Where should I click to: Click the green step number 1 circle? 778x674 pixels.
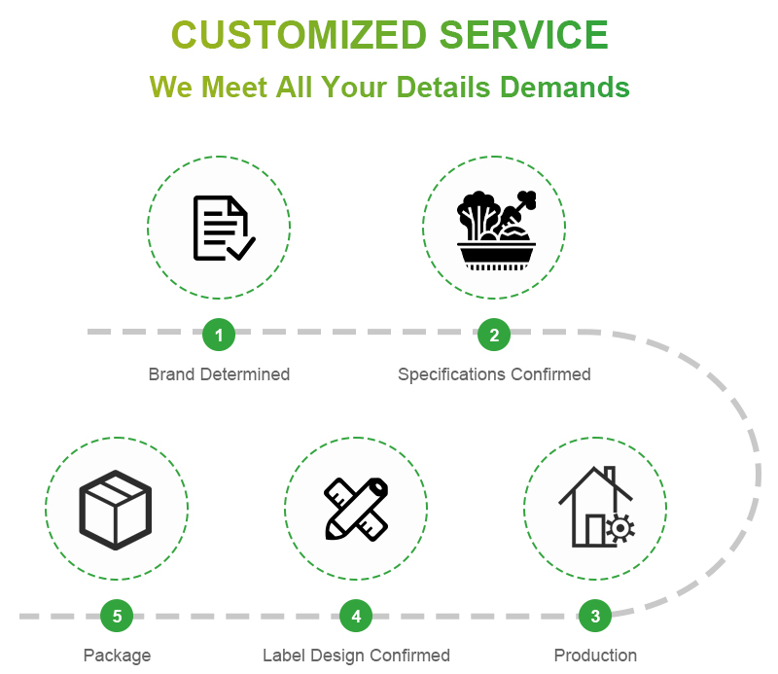coord(219,336)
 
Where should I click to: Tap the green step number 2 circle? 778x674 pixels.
coord(494,336)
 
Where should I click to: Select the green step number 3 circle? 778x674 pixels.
coord(595,616)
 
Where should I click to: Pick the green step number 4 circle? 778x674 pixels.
coord(356,616)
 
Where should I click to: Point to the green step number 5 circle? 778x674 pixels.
coord(117,616)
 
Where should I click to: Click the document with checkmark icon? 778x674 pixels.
coord(223,229)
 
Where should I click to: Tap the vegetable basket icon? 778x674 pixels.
coord(496,230)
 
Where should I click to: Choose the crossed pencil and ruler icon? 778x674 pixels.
coord(356,508)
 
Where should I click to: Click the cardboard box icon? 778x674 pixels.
coord(116,508)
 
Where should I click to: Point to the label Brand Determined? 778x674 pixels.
coord(219,374)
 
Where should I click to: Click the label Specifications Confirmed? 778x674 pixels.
coord(494,374)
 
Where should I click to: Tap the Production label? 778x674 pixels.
coord(595,656)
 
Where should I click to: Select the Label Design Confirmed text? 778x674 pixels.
coord(356,656)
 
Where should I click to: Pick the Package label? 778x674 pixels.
coord(117,656)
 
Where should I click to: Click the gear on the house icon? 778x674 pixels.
coord(619,528)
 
